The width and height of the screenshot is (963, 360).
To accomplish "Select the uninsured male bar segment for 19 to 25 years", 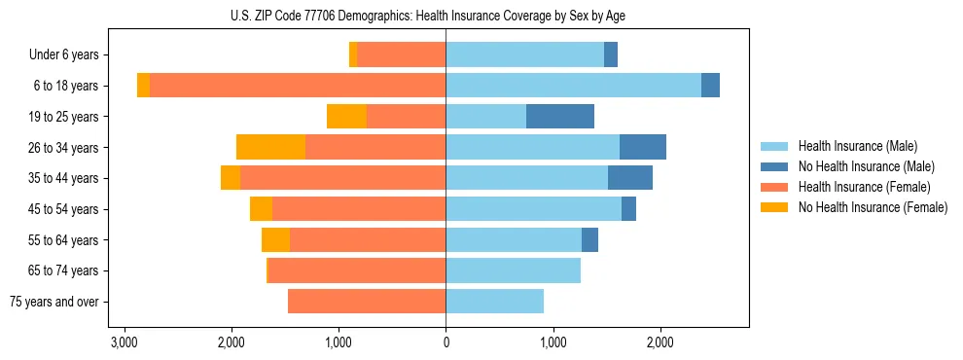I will tap(560, 117).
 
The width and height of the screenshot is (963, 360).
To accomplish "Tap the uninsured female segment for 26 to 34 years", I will tap(270, 147).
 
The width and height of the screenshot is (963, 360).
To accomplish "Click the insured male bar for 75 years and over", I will tap(494, 302).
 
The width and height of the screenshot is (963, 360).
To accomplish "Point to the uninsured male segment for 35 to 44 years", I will tap(630, 178).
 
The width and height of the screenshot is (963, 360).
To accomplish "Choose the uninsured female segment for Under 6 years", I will tap(353, 55).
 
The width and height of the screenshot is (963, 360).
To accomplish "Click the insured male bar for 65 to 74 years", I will tap(513, 270).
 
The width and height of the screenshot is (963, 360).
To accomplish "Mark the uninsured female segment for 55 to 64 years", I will tap(275, 239).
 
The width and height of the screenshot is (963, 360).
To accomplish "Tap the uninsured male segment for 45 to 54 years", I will tap(628, 208).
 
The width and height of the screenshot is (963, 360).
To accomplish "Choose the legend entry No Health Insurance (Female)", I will tap(873, 207).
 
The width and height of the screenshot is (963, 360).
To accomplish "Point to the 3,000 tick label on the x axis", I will tap(124, 342).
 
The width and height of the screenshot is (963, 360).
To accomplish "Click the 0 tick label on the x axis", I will tap(446, 342).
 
